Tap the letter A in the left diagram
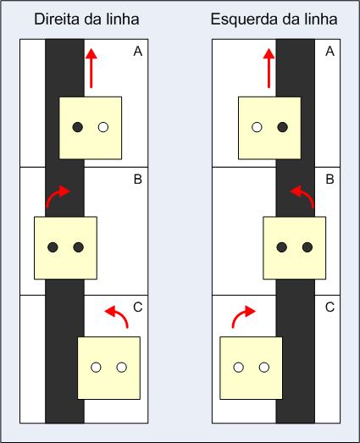coord(138,52)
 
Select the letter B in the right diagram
coord(330,179)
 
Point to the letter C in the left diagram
coord(138,307)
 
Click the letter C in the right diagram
coord(330,307)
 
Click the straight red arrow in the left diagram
coord(91,68)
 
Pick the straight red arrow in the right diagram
coord(269,68)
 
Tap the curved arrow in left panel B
coord(53,193)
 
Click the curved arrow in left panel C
coord(121,313)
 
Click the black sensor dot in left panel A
coord(77,127)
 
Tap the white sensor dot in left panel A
coord(103,127)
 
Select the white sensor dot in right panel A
coord(257,127)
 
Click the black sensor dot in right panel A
coord(283,127)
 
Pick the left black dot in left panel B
coord(53,247)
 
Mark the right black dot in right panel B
coord(307,247)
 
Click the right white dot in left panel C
coord(122,368)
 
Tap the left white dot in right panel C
coord(239,368)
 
